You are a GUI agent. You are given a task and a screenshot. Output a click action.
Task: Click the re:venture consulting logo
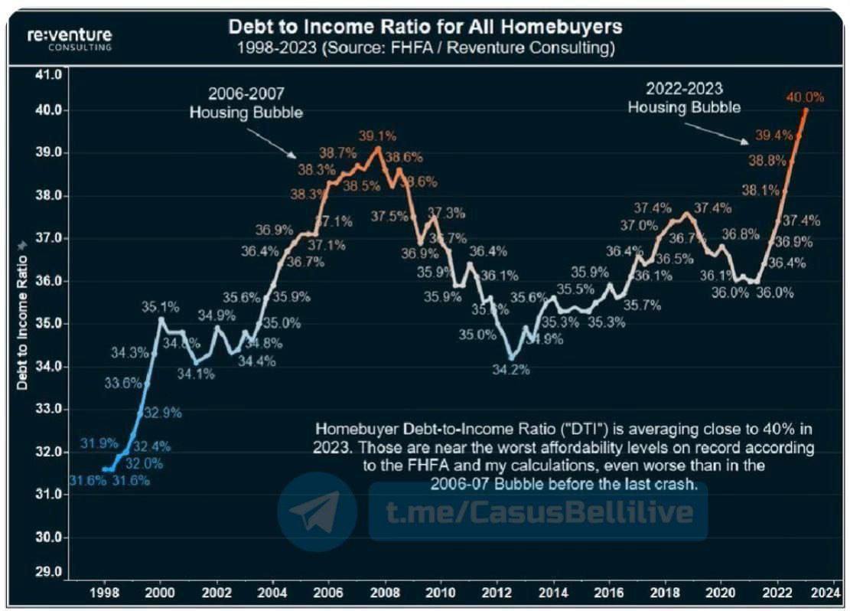[69, 38]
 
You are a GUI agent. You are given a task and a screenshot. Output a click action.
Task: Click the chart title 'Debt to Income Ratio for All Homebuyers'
[425, 27]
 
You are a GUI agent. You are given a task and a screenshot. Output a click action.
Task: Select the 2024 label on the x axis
[813, 592]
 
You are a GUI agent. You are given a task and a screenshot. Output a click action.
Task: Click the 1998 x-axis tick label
[104, 592]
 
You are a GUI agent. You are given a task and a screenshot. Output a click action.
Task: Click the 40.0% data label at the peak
[805, 97]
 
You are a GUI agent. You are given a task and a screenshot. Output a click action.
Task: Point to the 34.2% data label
[511, 369]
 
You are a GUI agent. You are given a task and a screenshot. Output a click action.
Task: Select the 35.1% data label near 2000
[161, 307]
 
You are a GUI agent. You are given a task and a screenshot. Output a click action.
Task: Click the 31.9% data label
[99, 442]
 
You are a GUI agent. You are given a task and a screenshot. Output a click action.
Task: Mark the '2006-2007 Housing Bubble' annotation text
[246, 102]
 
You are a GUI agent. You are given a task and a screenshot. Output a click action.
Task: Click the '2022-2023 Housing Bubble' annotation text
[684, 98]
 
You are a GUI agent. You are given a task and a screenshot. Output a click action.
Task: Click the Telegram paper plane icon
[317, 511]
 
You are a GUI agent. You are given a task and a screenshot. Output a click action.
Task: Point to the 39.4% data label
[773, 136]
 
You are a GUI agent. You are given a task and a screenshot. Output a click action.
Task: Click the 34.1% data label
[197, 374]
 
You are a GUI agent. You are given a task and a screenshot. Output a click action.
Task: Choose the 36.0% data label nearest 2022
[774, 292]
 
